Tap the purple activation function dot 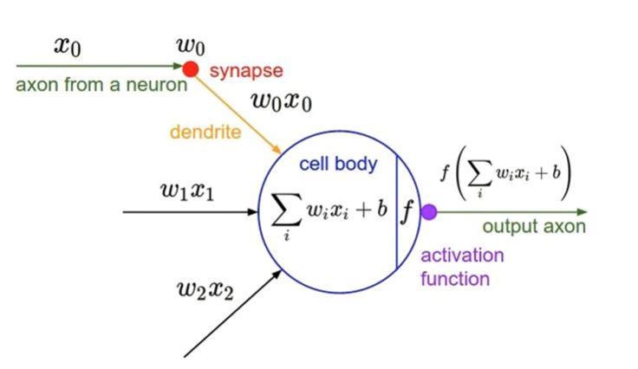tap(428, 211)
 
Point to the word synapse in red tap(246, 69)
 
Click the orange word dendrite tap(205, 133)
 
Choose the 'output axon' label tap(534, 227)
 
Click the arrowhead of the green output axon tap(583, 211)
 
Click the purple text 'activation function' tap(462, 268)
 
